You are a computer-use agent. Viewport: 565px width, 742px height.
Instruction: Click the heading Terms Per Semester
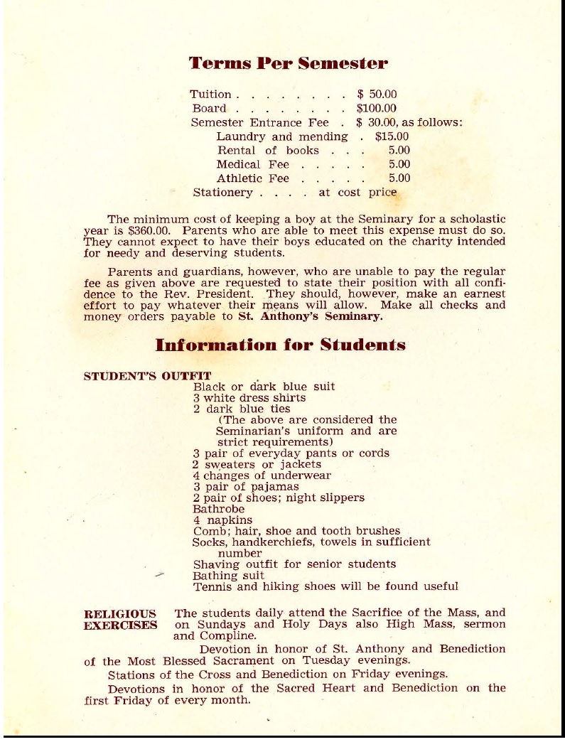click(288, 63)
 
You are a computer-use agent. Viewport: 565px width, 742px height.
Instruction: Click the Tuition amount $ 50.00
click(377, 95)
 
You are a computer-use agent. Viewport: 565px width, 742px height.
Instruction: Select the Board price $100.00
click(377, 109)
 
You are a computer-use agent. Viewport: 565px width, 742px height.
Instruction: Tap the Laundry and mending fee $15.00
click(392, 136)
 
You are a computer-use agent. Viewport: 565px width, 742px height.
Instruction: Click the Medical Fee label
click(252, 164)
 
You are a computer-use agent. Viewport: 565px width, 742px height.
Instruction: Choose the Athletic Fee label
click(252, 178)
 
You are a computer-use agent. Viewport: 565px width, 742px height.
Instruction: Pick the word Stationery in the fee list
click(222, 193)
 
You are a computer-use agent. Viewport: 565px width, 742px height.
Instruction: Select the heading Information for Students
click(280, 345)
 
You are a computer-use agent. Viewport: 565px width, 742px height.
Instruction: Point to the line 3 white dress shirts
click(249, 398)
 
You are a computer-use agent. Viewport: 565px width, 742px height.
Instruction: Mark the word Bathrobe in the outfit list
click(218, 509)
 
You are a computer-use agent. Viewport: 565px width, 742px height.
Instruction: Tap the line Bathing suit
click(228, 576)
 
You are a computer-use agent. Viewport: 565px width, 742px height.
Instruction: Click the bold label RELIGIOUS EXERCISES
click(121, 619)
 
